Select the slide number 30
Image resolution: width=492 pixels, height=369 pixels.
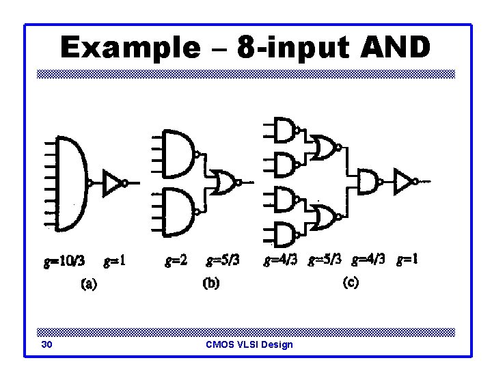(x=46, y=344)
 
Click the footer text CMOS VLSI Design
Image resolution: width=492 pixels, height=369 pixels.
(x=249, y=344)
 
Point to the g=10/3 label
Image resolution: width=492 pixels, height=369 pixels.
(x=64, y=260)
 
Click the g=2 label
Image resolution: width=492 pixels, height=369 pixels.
(x=176, y=260)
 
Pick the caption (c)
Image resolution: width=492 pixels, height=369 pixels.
(x=349, y=282)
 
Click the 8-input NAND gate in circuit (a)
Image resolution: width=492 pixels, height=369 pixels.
(x=71, y=182)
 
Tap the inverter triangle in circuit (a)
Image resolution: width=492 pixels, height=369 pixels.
(x=111, y=182)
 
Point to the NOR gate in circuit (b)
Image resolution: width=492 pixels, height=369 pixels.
(x=224, y=182)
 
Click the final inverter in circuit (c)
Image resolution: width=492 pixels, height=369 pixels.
(x=403, y=182)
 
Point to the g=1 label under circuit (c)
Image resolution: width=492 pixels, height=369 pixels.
(x=407, y=260)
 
